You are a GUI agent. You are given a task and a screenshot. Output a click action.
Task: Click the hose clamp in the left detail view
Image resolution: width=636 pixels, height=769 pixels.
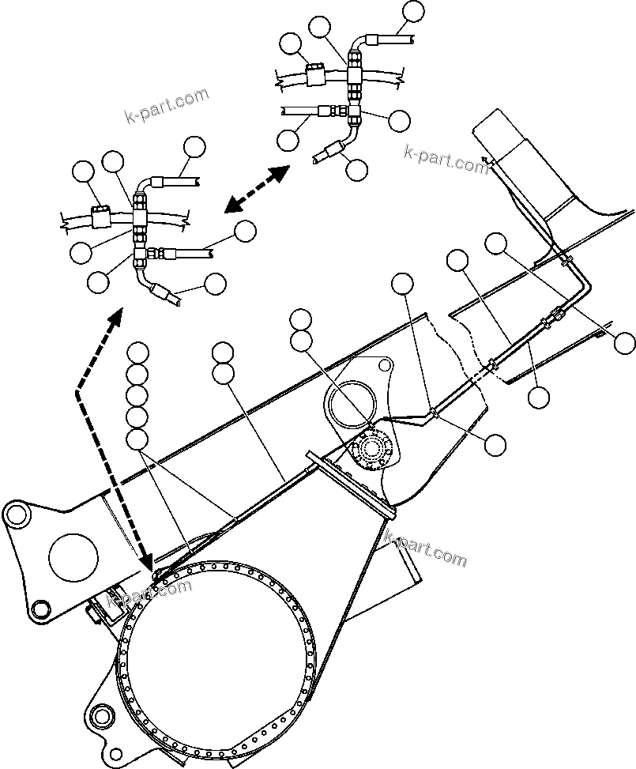pos(100,216)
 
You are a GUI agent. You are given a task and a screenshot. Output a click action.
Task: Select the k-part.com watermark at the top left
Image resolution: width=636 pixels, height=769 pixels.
pos(167,107)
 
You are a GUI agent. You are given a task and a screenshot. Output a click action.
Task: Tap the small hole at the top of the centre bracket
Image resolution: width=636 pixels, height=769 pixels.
pos(384,365)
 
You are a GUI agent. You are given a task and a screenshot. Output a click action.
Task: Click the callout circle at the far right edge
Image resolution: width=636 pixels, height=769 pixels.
pos(624,343)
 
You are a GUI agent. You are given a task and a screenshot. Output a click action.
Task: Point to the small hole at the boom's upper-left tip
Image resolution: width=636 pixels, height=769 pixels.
pos(13,514)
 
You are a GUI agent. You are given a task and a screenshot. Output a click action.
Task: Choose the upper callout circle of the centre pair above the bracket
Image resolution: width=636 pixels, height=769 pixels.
pos(300,319)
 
